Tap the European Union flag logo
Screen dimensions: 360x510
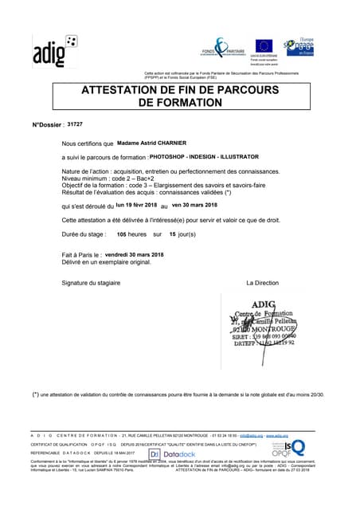tap(264, 46)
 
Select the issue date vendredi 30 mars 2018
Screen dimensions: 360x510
tap(139, 253)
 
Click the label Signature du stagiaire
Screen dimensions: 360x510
tap(94, 283)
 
